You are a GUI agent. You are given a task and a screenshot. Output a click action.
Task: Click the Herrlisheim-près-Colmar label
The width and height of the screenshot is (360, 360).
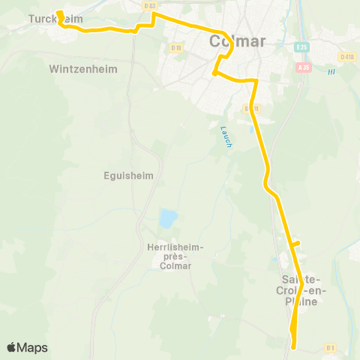(x=171, y=255)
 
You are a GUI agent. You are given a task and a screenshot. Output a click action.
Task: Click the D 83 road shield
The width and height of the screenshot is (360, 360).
(x=150, y=5)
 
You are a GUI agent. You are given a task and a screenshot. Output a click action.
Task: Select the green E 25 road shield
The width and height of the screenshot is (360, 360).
(x=301, y=46)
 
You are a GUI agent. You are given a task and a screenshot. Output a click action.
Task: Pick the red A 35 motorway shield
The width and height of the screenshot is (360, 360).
(x=304, y=67)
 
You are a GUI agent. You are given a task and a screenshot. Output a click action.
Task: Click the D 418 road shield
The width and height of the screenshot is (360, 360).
(x=346, y=56)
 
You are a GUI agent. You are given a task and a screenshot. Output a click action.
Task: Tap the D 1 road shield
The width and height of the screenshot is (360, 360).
(x=331, y=347)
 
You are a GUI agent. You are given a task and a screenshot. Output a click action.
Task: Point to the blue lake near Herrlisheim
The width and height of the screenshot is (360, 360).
(x=168, y=219)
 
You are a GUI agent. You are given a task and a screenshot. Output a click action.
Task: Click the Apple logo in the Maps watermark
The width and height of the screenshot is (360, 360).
(x=12, y=347)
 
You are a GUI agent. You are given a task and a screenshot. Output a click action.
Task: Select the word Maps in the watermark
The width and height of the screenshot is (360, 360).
(x=32, y=347)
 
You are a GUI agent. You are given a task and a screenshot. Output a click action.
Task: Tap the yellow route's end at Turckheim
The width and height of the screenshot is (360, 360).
(x=58, y=13)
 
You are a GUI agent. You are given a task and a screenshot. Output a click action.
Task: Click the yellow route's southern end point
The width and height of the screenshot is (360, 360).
(x=294, y=346)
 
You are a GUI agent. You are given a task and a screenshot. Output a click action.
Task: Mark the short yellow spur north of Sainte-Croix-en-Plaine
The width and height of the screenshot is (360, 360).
(x=295, y=244)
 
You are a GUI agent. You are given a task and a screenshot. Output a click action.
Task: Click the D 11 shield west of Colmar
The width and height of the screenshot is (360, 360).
(x=176, y=48)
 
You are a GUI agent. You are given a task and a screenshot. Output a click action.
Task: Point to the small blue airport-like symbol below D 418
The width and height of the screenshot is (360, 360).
(x=330, y=72)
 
